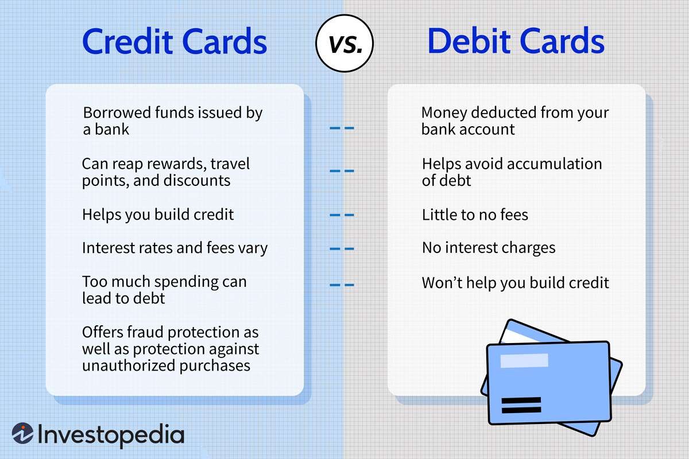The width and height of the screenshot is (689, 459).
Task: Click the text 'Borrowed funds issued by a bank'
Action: [x=172, y=120]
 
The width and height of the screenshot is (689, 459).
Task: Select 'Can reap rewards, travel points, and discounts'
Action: [x=166, y=172]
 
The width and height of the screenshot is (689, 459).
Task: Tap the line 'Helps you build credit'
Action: [x=158, y=215]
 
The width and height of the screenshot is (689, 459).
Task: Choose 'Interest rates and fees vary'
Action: [x=175, y=248]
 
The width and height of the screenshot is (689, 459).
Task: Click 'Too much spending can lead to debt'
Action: [x=164, y=290]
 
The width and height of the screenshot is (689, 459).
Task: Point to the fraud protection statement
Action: [x=171, y=348]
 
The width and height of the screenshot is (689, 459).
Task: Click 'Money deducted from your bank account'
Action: [x=515, y=120]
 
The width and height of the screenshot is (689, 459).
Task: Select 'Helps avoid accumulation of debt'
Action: [x=512, y=172]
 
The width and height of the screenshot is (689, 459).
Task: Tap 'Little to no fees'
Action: [x=475, y=215]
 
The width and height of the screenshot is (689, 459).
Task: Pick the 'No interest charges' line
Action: [x=489, y=248]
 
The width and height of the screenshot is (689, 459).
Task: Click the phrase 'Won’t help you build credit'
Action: [x=515, y=282]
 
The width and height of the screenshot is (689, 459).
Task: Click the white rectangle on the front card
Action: [x=524, y=360]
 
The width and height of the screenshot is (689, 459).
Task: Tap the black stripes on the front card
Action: [x=521, y=405]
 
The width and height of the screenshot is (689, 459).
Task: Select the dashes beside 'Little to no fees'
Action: [x=342, y=215]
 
